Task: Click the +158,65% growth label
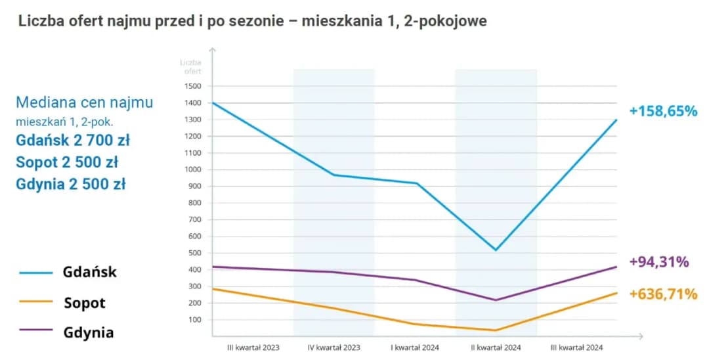(663, 112)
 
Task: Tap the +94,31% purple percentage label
(659, 262)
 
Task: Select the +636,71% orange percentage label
(663, 294)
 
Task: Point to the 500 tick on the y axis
(194, 253)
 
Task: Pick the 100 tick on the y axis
(194, 320)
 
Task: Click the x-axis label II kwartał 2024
(496, 347)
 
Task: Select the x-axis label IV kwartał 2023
(333, 347)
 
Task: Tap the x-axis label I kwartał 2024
(415, 347)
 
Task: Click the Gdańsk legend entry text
(90, 272)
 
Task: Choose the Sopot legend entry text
(85, 303)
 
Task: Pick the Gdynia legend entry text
(89, 332)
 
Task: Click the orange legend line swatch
(36, 302)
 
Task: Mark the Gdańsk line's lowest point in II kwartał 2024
(496, 250)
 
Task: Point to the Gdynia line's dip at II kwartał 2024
(496, 300)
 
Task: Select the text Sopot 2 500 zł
(67, 162)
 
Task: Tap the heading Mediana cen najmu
(84, 102)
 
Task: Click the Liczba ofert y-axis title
(192, 66)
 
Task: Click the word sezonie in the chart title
(250, 20)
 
